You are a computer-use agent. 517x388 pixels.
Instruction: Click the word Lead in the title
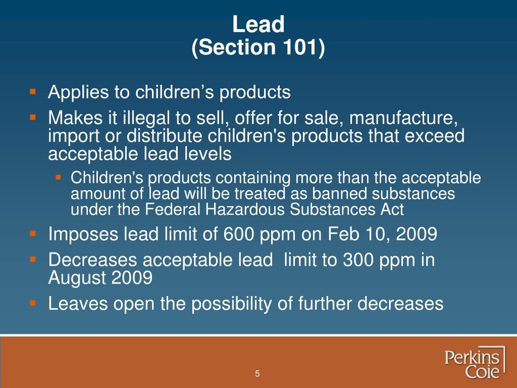(x=258, y=24)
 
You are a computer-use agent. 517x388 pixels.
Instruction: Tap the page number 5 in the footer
(x=257, y=374)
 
